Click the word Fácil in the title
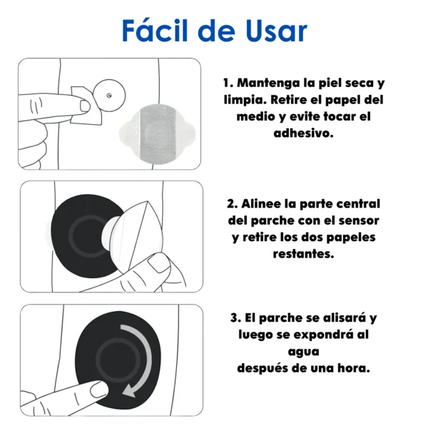(155, 30)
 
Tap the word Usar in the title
(276, 31)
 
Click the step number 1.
(228, 83)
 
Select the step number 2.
(233, 204)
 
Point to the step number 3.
(235, 318)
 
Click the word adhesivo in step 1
(303, 133)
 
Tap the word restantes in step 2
(303, 254)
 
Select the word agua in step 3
(304, 352)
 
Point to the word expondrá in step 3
(323, 335)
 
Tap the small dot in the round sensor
(109, 96)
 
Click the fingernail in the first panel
(85, 106)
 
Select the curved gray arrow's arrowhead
(128, 391)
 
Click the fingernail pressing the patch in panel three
(99, 389)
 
